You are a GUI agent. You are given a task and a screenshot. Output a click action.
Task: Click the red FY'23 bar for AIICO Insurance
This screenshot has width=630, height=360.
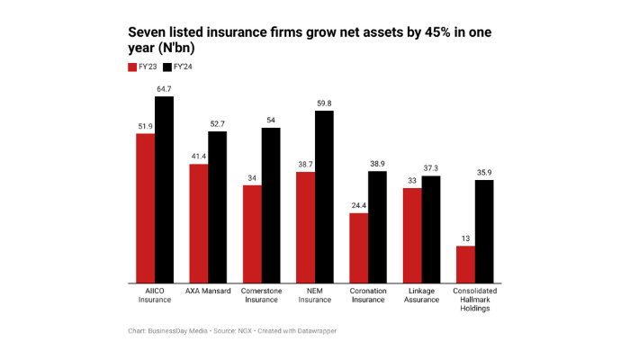tap(145, 208)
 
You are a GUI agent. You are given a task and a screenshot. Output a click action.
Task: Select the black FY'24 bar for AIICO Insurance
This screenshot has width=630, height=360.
tap(164, 190)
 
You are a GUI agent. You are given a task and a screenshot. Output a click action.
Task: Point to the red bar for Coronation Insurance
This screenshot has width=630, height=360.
tap(358, 247)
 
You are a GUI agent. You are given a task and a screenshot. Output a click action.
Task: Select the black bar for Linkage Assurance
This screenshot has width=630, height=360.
tap(431, 229)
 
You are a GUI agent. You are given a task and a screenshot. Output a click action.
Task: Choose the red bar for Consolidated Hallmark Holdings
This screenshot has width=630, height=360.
tap(465, 264)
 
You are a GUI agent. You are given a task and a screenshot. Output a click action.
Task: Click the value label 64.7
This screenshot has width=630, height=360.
tap(164, 89)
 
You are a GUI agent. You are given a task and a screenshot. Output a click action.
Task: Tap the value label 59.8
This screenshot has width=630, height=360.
tap(324, 103)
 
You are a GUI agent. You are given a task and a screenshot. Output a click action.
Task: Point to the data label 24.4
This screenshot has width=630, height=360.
tap(358, 205)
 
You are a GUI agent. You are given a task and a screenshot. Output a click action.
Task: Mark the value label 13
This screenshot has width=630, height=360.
tap(465, 238)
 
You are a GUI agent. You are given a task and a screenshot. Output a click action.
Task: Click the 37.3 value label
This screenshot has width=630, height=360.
tap(431, 168)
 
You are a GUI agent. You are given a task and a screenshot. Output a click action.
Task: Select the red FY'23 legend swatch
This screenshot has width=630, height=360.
tap(132, 67)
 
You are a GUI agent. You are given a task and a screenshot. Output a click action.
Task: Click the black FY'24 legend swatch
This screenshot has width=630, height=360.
tap(167, 67)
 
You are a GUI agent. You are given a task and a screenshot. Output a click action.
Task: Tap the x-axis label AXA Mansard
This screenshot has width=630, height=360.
tap(208, 292)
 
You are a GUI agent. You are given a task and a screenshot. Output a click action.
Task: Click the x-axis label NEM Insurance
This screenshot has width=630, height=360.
tap(315, 296)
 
